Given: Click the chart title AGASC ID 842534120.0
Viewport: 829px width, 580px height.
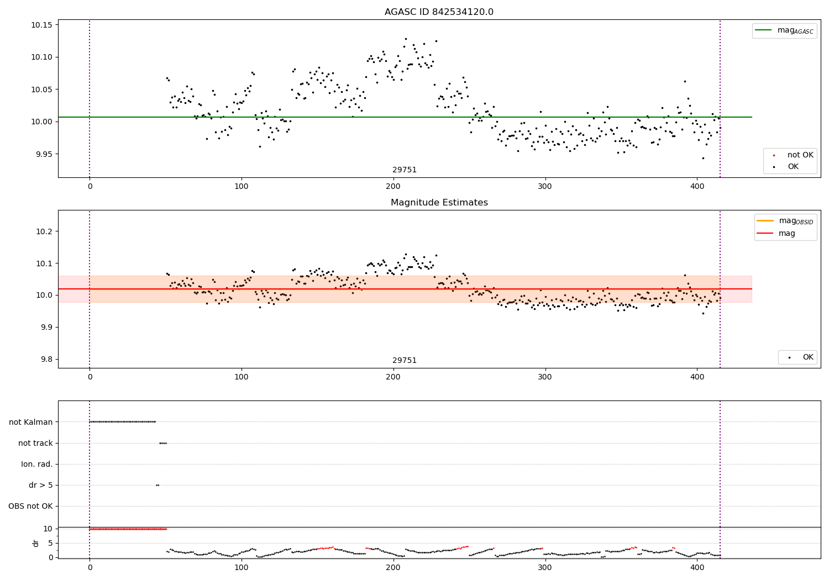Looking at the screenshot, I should pyautogui.click(x=439, y=12).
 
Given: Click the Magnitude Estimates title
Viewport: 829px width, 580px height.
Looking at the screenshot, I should pyautogui.click(x=439, y=203).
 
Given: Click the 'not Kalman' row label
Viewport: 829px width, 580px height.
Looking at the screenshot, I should pyautogui.click(x=31, y=422).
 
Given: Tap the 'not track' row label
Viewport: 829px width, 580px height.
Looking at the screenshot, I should pyautogui.click(x=35, y=443).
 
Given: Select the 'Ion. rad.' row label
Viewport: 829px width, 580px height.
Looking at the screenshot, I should pyautogui.click(x=37, y=464).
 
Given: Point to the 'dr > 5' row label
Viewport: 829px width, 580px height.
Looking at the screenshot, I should pyautogui.click(x=41, y=485).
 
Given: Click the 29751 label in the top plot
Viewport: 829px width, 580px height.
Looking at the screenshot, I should pyautogui.click(x=405, y=170).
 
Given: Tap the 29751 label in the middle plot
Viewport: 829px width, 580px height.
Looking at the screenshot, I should pyautogui.click(x=405, y=361).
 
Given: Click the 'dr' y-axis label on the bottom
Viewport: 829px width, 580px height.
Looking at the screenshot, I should pyautogui.click(x=36, y=543).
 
